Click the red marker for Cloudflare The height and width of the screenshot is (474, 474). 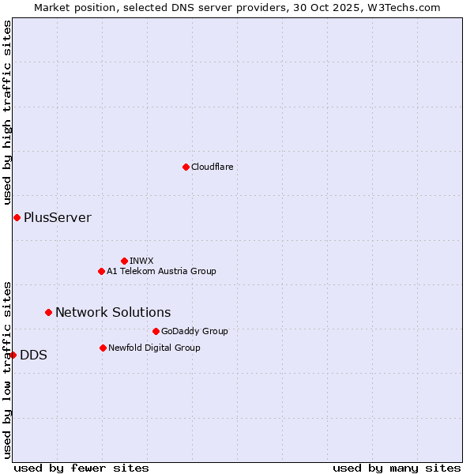tap(186, 167)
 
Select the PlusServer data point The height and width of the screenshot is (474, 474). tap(17, 217)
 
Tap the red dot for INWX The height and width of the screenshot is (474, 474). tap(124, 261)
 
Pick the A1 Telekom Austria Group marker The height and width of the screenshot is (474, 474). tap(101, 271)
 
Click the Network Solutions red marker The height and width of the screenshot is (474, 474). tap(48, 312)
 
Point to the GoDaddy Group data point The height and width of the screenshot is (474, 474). tap(156, 331)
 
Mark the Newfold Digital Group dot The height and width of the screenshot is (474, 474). tap(103, 348)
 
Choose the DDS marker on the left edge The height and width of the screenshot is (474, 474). tap(13, 355)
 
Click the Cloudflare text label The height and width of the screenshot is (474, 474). tap(212, 167)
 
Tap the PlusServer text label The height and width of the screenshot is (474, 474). tap(57, 217)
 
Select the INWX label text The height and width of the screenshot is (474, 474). tap(141, 261)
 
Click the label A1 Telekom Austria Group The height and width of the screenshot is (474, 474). tap(161, 271)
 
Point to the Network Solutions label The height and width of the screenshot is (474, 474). tap(113, 312)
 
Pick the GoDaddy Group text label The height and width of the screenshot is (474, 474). tap(194, 331)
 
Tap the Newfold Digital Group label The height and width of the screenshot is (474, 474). tap(154, 348)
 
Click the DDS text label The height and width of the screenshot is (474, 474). tap(33, 355)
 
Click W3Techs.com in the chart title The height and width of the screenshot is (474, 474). tap(408, 7)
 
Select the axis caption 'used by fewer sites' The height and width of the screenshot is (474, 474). tap(81, 468)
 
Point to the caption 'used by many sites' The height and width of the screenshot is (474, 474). tap(397, 468)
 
